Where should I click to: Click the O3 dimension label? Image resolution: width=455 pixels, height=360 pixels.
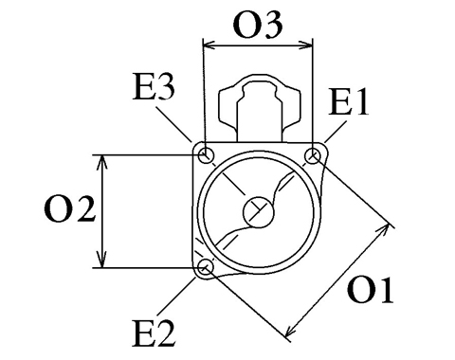coord(257,26)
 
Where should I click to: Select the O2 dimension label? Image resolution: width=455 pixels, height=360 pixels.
coord(69,208)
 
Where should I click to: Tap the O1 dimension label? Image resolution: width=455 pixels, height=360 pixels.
coord(371,291)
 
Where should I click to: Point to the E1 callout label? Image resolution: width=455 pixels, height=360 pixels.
coord(348,101)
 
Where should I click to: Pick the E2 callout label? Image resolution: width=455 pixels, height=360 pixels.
coord(154,333)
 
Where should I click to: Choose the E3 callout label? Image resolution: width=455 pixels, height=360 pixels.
coord(154,86)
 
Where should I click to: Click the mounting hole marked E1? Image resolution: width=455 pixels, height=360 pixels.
coord(313,155)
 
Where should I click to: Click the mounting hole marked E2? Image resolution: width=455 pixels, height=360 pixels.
coord(206,267)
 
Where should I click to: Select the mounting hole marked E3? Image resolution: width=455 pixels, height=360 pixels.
coord(207,155)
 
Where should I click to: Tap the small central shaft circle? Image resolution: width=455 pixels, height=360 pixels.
coord(258,212)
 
